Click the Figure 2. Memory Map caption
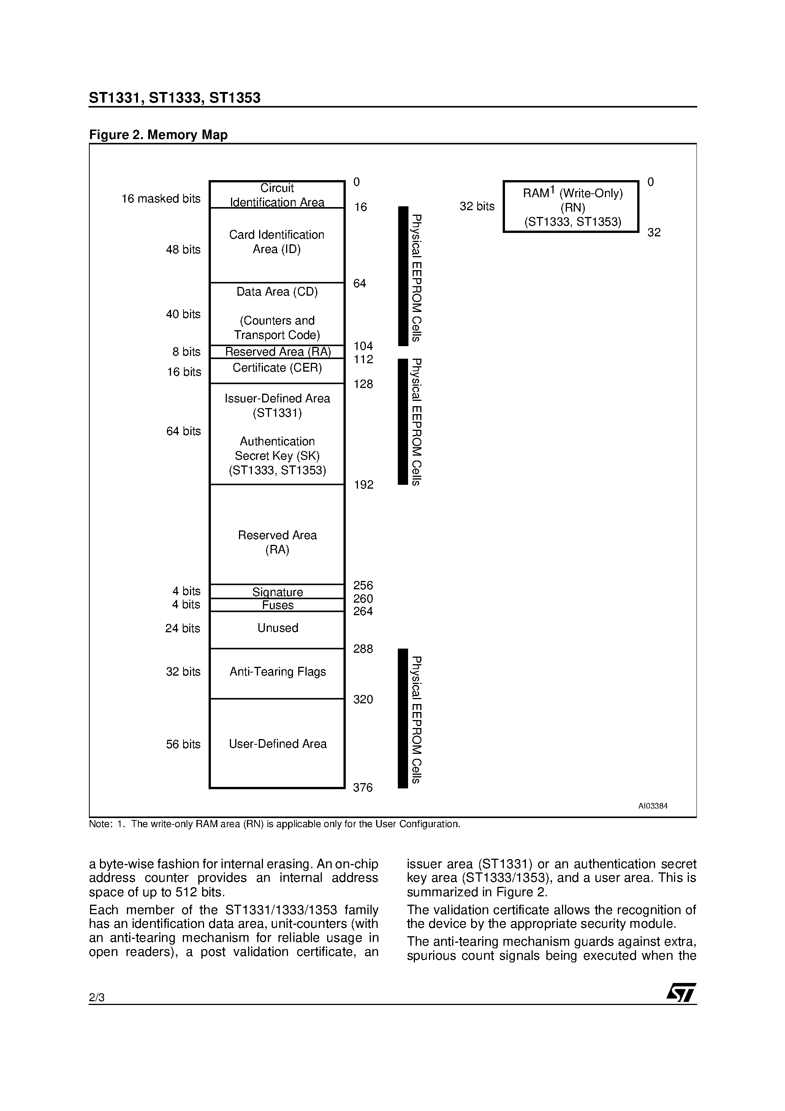pos(158,135)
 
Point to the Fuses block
pos(277,605)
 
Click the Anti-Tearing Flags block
pos(277,673)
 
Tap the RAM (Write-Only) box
pos(571,207)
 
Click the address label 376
pos(363,788)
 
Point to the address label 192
pos(364,485)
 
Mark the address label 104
pos(363,346)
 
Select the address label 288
pos(363,649)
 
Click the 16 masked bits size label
pos(161,199)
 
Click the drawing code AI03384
pos(652,806)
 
